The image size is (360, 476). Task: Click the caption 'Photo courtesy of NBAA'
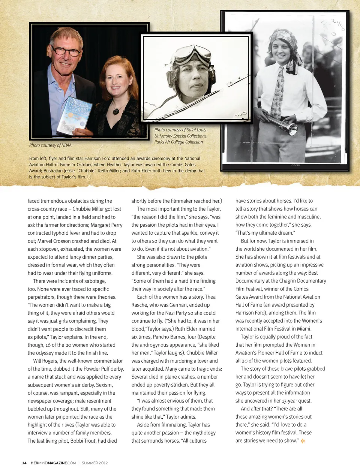click(x=50, y=145)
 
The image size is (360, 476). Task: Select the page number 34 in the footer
click(x=24, y=463)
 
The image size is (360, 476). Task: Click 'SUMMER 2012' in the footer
click(x=95, y=463)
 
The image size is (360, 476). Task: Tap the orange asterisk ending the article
click(x=303, y=441)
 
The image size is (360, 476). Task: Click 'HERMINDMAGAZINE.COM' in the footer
click(x=53, y=463)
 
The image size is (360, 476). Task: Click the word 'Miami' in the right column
click(x=304, y=329)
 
